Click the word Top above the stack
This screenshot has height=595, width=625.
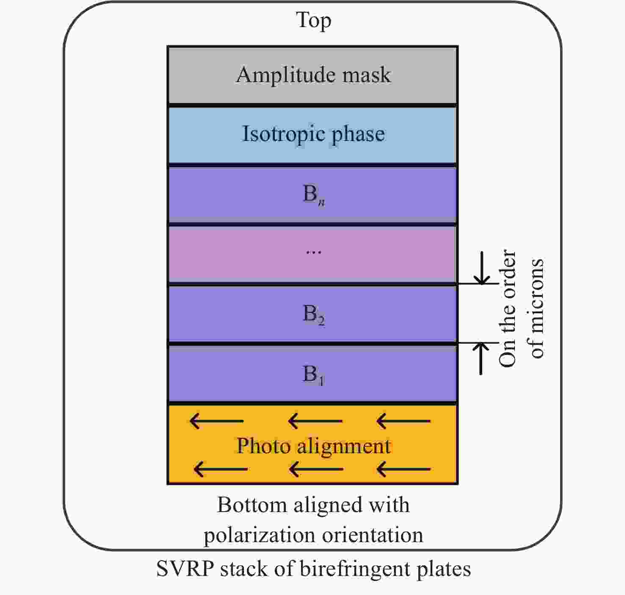[x=313, y=20]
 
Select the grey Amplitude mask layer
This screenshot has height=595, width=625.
[x=313, y=75]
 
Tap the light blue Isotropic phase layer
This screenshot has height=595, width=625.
[x=313, y=135]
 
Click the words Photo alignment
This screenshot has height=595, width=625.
[x=313, y=446]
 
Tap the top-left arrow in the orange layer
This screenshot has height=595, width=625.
[x=216, y=421]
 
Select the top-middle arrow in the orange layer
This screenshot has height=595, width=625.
[x=315, y=421]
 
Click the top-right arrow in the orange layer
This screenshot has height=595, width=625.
[x=403, y=421]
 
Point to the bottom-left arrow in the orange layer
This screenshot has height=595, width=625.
[x=220, y=469]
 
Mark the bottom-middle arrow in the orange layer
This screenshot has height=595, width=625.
[x=316, y=469]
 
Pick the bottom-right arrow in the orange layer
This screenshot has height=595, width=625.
[x=403, y=469]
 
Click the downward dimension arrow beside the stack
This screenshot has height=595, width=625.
[x=481, y=268]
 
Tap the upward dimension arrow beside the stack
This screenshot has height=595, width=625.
[x=481, y=358]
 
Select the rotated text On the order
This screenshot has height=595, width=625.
[x=508, y=308]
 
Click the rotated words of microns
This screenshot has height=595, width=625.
[x=536, y=308]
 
